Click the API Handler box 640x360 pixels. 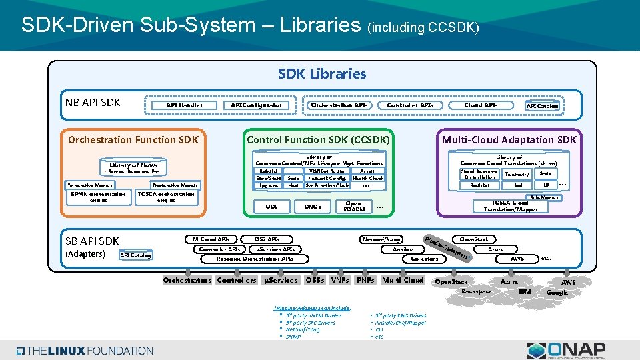click(184, 105)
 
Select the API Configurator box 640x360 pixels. click(256, 105)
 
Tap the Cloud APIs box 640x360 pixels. click(481, 105)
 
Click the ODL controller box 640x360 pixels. click(271, 206)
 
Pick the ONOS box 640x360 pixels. click(313, 206)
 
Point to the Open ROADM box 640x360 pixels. click(353, 206)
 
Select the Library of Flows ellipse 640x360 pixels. click(134, 165)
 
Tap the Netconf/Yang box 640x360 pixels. click(381, 239)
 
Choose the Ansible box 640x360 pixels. click(402, 249)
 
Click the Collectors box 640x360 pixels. click(425, 259)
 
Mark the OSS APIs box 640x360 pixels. click(267, 239)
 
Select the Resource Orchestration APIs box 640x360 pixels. click(255, 259)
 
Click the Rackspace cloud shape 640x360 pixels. click(477, 291)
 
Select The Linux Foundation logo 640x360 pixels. click(85, 350)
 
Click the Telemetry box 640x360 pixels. click(517, 174)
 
